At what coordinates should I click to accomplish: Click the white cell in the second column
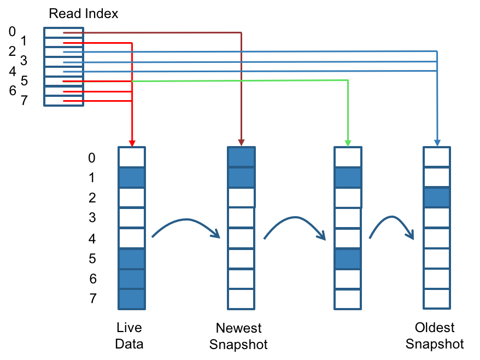pyautogui.click(x=241, y=217)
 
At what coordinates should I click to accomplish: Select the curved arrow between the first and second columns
pyautogui.click(x=186, y=222)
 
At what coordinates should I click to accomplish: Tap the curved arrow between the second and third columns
pyautogui.click(x=295, y=220)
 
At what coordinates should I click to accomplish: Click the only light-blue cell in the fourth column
pyautogui.click(x=437, y=198)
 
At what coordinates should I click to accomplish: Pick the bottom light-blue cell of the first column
pyautogui.click(x=132, y=299)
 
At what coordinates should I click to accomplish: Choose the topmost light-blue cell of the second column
pyautogui.click(x=241, y=157)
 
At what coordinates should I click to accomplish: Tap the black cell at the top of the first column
pyautogui.click(x=132, y=160)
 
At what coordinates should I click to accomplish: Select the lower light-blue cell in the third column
pyautogui.click(x=348, y=259)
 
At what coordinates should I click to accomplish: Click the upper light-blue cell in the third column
pyautogui.click(x=348, y=177)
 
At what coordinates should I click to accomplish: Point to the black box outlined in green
pyautogui.click(x=295, y=109)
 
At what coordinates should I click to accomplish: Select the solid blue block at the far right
pyautogui.click(x=458, y=109)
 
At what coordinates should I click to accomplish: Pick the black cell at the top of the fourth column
pyautogui.click(x=437, y=160)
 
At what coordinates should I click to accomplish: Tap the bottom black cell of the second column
pyautogui.click(x=241, y=281)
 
